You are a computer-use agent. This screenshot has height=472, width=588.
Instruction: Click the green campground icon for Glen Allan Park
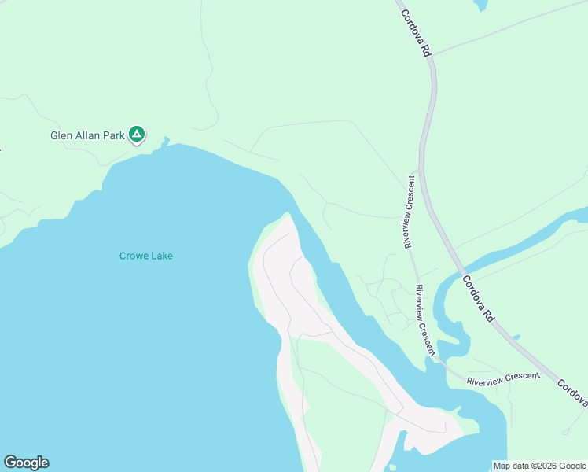[137, 135]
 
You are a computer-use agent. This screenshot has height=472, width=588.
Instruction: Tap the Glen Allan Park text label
[87, 135]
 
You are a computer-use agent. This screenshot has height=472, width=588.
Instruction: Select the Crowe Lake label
[145, 256]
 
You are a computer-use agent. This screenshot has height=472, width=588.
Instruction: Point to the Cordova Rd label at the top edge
[417, 31]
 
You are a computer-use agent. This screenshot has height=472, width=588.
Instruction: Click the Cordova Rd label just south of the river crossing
[479, 298]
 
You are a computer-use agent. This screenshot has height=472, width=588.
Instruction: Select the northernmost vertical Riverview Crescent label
[410, 212]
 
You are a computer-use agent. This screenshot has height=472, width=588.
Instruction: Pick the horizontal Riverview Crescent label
[503, 378]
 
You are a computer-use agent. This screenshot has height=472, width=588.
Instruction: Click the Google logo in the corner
[26, 463]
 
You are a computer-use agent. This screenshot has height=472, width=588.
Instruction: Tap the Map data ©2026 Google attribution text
[539, 466]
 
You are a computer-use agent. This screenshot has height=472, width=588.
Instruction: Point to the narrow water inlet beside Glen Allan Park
[165, 142]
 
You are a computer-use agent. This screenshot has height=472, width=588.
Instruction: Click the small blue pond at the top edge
[480, 5]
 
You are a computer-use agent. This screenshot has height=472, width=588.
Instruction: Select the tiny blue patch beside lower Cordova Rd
[516, 337]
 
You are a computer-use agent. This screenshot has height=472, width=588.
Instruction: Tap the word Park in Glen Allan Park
[114, 135]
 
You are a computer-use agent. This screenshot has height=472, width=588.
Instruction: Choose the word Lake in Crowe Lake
[163, 256]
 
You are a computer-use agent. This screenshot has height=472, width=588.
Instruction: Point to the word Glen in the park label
[61, 135]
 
